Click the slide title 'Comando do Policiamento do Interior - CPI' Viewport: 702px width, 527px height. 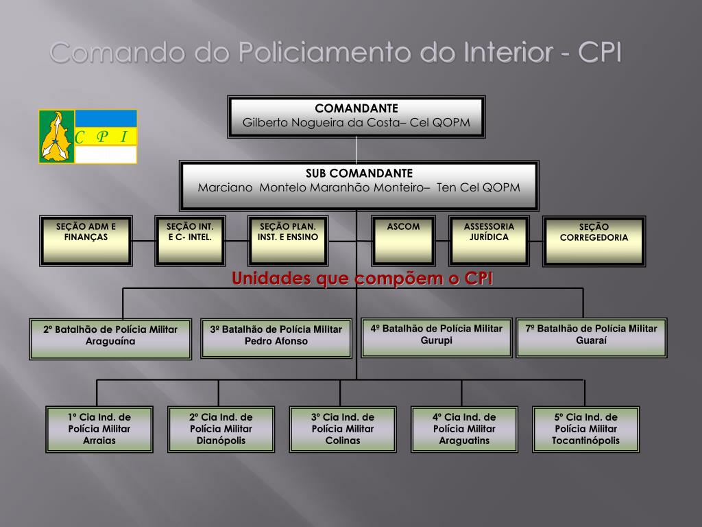336,53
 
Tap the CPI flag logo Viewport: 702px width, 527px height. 88,137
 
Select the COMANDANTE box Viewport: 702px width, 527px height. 356,117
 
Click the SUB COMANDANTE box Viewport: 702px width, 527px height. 359,185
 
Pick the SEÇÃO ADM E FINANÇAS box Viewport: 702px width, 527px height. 86,240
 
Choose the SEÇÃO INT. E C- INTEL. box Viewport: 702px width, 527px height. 190,240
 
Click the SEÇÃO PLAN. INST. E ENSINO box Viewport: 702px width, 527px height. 287,240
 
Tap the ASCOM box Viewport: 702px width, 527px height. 403,240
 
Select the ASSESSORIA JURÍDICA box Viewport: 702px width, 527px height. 489,240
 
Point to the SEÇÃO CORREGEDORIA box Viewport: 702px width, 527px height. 594,240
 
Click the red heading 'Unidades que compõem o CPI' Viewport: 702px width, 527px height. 363,278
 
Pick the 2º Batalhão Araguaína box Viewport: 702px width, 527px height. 110,338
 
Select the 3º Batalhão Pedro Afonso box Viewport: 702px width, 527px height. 276,338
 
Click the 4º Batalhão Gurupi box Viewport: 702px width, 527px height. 437,337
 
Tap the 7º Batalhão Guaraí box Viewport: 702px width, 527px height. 591,337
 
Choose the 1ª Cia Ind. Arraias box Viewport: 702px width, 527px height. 99,429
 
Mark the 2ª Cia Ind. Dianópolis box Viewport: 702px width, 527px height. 221,429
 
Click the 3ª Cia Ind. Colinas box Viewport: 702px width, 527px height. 343,429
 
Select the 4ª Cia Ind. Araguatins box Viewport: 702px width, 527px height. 464,429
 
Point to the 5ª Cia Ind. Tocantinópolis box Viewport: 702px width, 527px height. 585,429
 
